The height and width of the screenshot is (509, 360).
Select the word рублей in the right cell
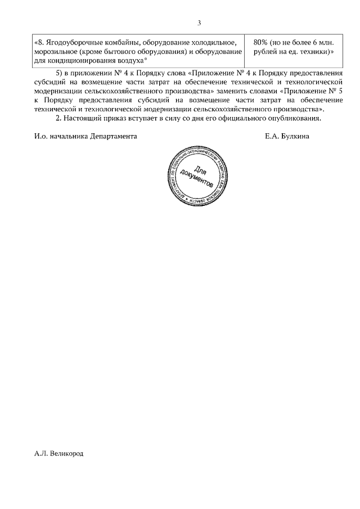[265, 52]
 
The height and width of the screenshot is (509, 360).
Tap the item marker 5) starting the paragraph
[62, 74]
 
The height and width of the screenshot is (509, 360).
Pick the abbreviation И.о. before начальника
[40, 136]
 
